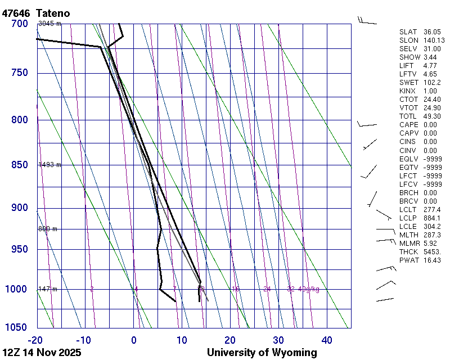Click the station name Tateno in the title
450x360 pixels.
(x=56, y=12)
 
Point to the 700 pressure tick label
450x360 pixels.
(x=19, y=24)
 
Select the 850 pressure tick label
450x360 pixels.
(x=19, y=165)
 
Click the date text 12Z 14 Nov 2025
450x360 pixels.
(x=42, y=353)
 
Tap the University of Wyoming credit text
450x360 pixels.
(x=262, y=353)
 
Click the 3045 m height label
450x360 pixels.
(x=49, y=24)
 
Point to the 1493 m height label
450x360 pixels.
(x=49, y=165)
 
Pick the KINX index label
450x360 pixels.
(x=408, y=91)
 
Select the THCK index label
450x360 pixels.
(x=409, y=251)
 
